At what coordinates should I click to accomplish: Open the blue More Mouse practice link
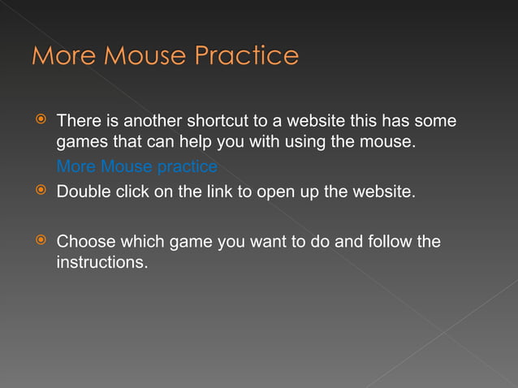(x=136, y=167)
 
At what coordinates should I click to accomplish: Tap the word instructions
(x=102, y=264)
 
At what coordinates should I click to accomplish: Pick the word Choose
(x=85, y=241)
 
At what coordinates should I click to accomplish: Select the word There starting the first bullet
(x=77, y=122)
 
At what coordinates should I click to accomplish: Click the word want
(x=264, y=241)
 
